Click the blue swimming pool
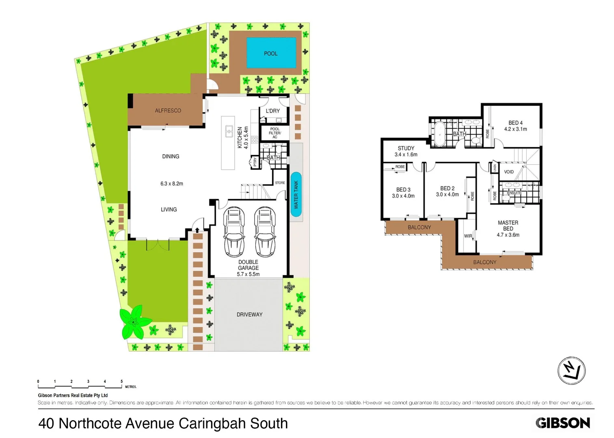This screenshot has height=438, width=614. [x=271, y=53]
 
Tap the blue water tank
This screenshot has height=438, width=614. [x=296, y=194]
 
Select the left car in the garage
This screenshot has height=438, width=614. [x=234, y=232]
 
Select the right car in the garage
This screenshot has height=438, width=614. [x=265, y=232]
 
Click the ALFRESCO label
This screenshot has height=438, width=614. [x=168, y=110]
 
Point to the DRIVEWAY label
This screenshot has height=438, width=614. [x=249, y=314]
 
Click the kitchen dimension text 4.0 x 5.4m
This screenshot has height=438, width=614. [x=246, y=137]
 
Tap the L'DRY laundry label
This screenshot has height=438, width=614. [x=272, y=111]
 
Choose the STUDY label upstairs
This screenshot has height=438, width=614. [x=406, y=148]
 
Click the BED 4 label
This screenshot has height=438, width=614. [x=515, y=122]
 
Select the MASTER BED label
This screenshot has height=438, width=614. [x=508, y=225]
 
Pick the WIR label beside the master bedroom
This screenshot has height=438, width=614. [x=468, y=236]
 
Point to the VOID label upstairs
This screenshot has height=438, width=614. [x=508, y=172]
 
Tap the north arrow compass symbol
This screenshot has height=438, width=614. [x=571, y=370]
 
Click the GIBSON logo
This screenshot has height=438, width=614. [x=562, y=423]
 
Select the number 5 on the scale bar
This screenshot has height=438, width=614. [x=121, y=381]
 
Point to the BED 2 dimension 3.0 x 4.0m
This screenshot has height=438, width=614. [x=447, y=195]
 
